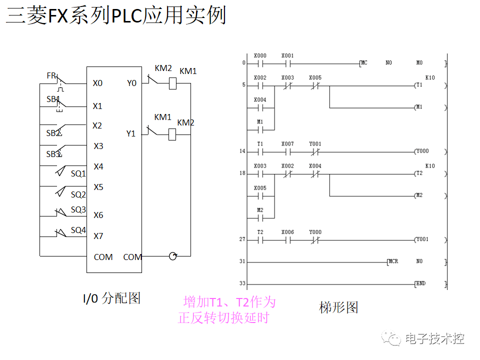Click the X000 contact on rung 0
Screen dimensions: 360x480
pyautogui.click(x=260, y=63)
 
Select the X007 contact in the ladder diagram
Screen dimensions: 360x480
pyautogui.click(x=287, y=151)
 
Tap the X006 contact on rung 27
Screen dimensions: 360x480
pyautogui.click(x=287, y=239)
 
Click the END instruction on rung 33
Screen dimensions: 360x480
pyautogui.click(x=420, y=283)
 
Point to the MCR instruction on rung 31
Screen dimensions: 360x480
pyautogui.click(x=393, y=261)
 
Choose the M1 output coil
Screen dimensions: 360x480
pyautogui.click(x=419, y=107)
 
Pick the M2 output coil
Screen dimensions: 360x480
pyautogui.click(x=419, y=195)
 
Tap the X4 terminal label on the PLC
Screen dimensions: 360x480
pyautogui.click(x=98, y=166)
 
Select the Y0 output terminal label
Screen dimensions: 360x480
pyautogui.click(x=131, y=83)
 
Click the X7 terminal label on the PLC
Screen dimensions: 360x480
pyautogui.click(x=98, y=235)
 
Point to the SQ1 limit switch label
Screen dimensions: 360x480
pyautogui.click(x=78, y=173)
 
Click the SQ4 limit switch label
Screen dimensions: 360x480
pyautogui.click(x=78, y=230)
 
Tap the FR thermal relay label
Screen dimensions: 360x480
pyautogui.click(x=51, y=75)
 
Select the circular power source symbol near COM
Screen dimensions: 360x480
pyautogui.click(x=173, y=256)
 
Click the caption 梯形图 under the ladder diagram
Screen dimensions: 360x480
pyautogui.click(x=339, y=307)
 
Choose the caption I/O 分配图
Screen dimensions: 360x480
pyautogui.click(x=111, y=298)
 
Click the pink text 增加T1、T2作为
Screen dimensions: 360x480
pyautogui.click(x=229, y=302)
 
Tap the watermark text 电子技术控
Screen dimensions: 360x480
pyautogui.click(x=434, y=338)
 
